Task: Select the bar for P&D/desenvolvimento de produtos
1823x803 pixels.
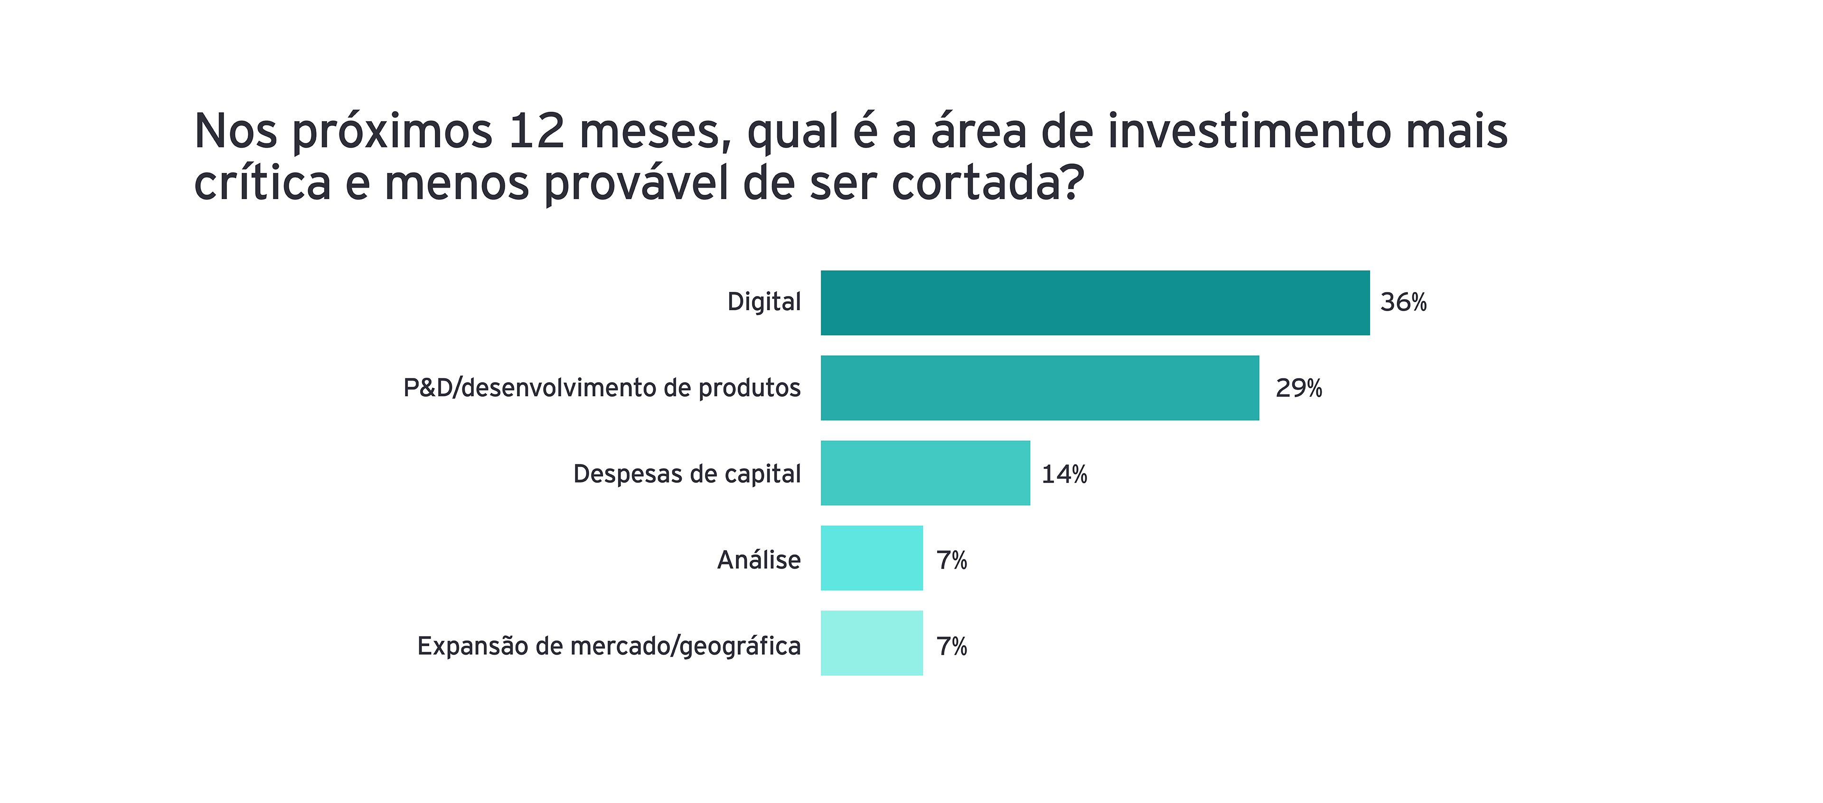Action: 1040,388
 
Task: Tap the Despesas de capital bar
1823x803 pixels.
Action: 925,473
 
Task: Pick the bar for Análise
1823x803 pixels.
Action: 871,558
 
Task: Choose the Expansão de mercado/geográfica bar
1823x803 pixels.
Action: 871,643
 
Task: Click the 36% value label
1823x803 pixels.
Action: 1403,302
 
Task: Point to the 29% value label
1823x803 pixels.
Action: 1298,388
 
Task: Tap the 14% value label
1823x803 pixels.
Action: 1063,474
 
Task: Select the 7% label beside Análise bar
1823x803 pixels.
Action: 951,560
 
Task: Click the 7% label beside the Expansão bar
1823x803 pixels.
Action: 951,646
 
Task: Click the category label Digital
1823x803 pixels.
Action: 763,302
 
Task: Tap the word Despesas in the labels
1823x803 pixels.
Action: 617,474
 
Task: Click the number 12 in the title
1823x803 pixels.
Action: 536,132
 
